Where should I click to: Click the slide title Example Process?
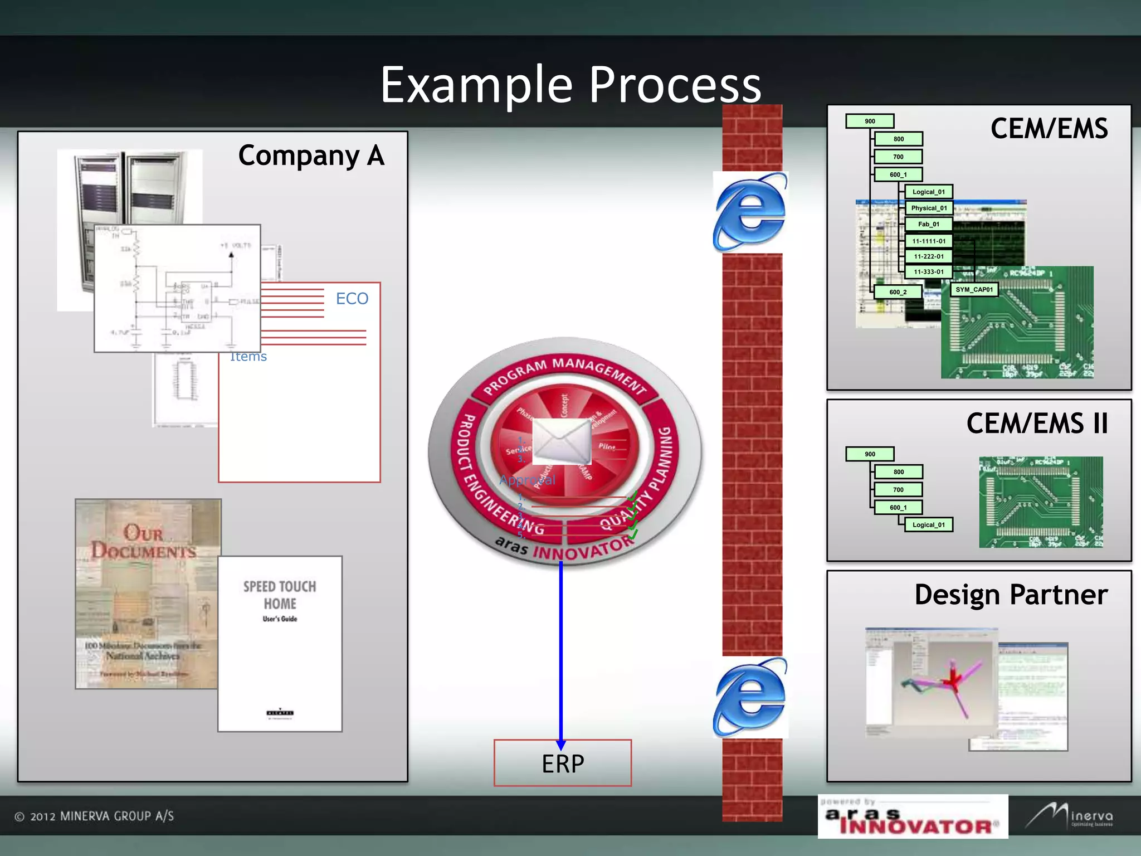[570, 85]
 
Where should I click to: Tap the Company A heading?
[311, 155]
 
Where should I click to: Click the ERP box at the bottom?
[563, 763]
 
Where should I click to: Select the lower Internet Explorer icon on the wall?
[750, 697]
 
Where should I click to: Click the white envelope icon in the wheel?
[562, 441]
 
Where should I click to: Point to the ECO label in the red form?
[352, 299]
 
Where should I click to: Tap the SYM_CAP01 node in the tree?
[974, 290]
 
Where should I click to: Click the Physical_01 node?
[929, 208]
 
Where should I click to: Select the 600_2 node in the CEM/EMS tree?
[898, 292]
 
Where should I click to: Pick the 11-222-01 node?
[929, 257]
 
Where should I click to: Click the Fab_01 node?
[929, 225]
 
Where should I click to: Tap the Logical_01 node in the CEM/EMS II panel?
[928, 525]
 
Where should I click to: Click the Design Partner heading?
[1011, 595]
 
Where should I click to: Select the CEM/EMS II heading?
[1037, 424]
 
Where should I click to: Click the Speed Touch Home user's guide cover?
[280, 644]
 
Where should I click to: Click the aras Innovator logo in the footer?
[913, 817]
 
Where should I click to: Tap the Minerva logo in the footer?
[1070, 816]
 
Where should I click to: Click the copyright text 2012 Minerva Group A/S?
[94, 816]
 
